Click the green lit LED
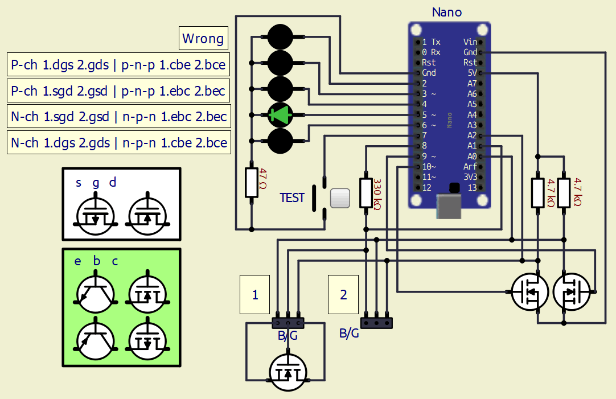280,116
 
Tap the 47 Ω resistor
251,182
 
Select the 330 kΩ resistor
366,192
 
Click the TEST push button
339,198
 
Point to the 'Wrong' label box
203,39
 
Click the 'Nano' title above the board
447,12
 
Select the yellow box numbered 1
255,294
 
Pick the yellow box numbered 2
343,294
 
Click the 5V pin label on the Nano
471,73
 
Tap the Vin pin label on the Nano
470,42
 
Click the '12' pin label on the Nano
426,187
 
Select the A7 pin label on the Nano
472,83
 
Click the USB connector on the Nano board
449,206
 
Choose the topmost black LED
280,37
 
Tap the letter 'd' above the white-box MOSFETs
113,182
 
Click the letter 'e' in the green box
78,261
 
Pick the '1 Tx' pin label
431,42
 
